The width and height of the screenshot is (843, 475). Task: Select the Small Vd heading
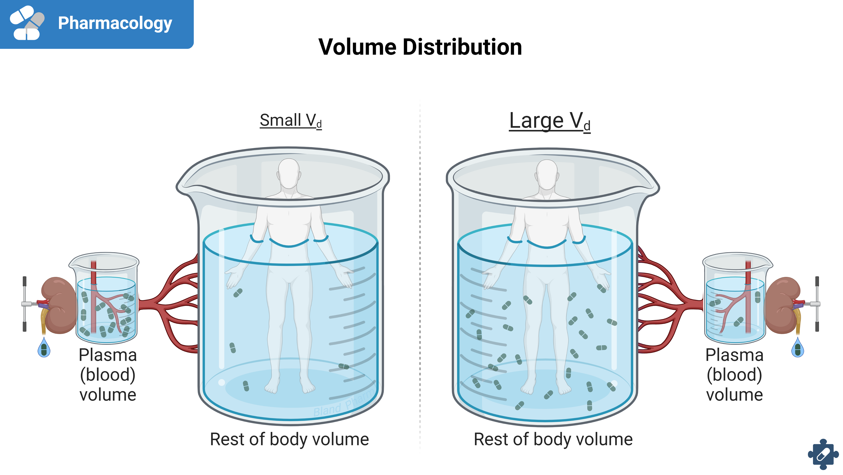[291, 120]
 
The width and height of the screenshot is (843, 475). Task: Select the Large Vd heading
[550, 121]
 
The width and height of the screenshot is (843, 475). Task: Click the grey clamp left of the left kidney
[25, 304]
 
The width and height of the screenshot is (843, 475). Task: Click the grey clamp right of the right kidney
[817, 304]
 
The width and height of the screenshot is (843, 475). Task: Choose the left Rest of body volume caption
[289, 439]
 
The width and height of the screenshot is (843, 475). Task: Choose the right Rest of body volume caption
[553, 439]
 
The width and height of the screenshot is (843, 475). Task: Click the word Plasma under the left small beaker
[108, 355]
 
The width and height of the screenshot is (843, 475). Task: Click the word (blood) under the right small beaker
[734, 375]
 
